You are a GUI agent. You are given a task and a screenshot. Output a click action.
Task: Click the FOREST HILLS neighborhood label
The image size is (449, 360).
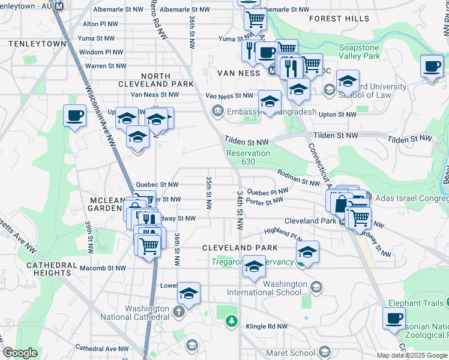339,19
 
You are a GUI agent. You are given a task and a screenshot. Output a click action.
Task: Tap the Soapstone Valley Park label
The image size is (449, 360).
360,52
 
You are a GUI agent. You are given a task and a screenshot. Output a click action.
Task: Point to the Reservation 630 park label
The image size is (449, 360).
248,157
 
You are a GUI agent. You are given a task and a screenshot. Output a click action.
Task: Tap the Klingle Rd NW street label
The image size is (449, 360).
267,326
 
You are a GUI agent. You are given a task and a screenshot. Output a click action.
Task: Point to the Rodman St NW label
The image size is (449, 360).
298,178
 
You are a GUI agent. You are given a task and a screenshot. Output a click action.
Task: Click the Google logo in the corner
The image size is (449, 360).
20,353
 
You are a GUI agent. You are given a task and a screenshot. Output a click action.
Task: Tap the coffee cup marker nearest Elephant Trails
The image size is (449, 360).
394,317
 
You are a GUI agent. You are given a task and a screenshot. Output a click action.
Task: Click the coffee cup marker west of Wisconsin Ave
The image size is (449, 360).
75,115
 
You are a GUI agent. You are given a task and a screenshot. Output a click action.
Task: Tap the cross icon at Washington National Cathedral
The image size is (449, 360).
178,311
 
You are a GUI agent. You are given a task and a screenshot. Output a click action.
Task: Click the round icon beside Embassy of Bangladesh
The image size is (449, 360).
217,110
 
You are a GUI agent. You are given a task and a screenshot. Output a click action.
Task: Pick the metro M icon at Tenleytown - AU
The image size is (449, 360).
58,6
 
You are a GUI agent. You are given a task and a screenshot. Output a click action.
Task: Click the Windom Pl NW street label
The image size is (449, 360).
101,52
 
